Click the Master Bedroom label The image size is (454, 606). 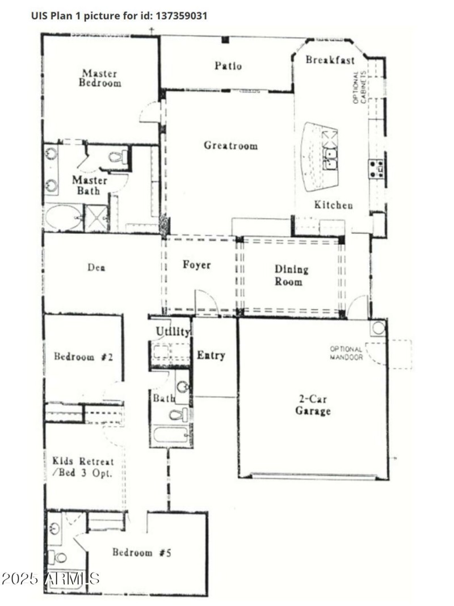click(x=100, y=78)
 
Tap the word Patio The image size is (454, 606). click(x=228, y=66)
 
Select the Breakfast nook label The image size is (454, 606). click(x=330, y=60)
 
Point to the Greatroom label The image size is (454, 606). click(x=230, y=146)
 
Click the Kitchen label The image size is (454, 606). click(x=334, y=205)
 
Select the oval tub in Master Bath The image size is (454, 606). click(x=62, y=218)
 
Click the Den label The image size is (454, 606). click(x=96, y=268)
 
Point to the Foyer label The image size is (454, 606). click(x=196, y=265)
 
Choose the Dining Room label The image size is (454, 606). click(x=292, y=275)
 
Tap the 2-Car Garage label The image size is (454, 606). click(x=312, y=405)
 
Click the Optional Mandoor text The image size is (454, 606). click(x=347, y=353)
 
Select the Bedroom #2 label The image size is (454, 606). click(x=83, y=357)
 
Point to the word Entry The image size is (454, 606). click(x=211, y=356)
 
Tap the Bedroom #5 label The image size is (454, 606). click(x=141, y=552)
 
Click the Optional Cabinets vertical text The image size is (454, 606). click(x=359, y=87)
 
